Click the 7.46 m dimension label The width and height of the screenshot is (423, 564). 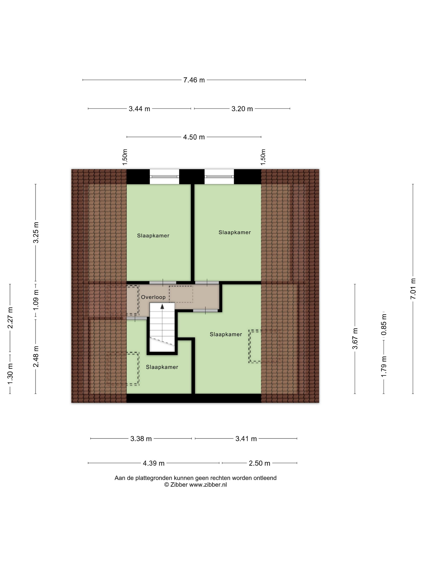point(194,80)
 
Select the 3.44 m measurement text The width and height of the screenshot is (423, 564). point(139,109)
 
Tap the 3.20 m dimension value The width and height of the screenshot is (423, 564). point(242,109)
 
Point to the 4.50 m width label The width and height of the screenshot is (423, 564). point(194,137)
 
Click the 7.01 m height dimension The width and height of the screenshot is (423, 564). point(413,289)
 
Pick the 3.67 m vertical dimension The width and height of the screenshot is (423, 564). point(355,339)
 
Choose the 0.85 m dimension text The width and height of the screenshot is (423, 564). point(384,325)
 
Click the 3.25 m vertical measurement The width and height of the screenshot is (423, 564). point(36,232)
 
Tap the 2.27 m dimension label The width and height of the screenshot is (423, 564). point(10,318)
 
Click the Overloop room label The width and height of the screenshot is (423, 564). point(153,297)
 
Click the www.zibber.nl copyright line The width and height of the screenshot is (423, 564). point(195,485)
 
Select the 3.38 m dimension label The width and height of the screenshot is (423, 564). point(141,439)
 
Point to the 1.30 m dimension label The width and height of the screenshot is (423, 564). point(10,374)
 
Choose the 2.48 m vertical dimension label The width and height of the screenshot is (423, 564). point(36,357)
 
